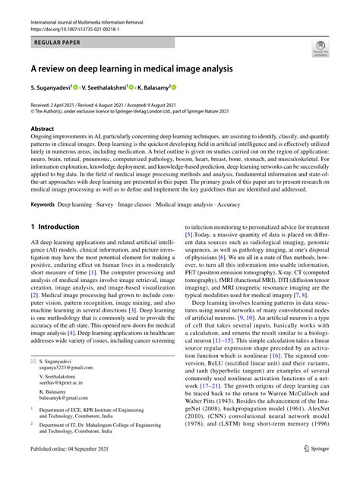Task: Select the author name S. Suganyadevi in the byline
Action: (x=55, y=88)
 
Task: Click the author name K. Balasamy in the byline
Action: (x=151, y=88)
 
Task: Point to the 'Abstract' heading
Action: (x=43, y=129)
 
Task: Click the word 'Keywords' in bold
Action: (x=43, y=204)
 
